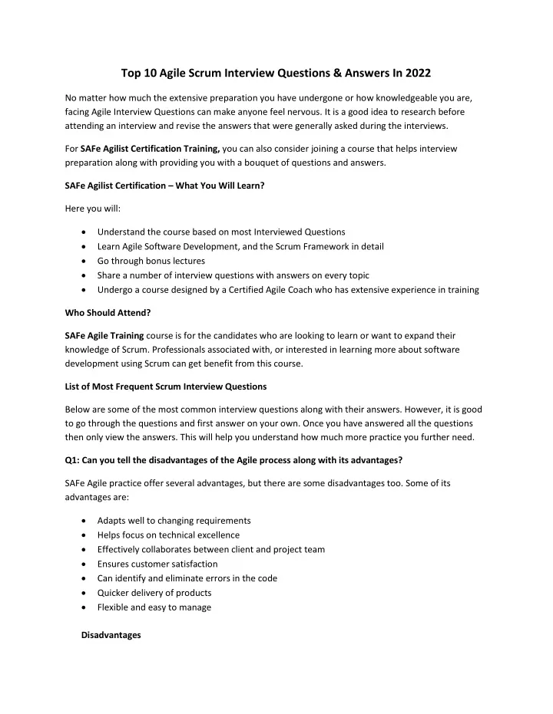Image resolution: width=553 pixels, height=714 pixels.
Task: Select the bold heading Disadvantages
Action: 111,635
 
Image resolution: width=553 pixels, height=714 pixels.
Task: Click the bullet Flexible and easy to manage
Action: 154,607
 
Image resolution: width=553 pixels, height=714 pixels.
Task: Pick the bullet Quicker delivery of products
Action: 154,593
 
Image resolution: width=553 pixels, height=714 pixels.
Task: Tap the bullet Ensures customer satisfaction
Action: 157,564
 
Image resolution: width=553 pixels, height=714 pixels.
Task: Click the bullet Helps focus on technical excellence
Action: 168,535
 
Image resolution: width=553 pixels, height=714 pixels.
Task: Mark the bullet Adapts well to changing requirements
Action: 174,520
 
